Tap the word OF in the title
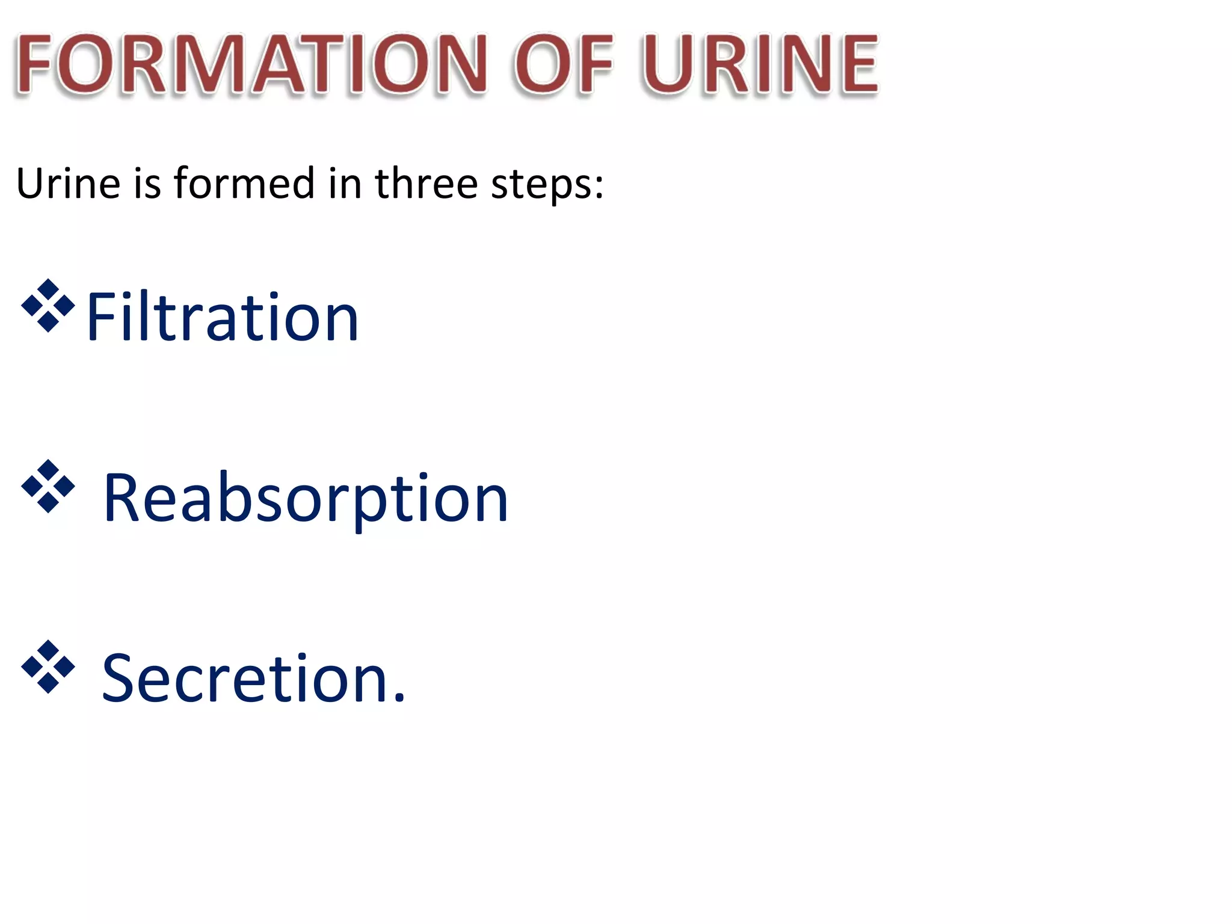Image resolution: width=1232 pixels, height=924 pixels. (x=563, y=64)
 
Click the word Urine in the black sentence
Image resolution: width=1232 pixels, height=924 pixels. (x=68, y=183)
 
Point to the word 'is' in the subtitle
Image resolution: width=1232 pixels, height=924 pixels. (x=147, y=183)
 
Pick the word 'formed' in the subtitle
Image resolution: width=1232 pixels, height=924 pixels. (x=244, y=183)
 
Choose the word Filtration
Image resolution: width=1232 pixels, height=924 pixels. (x=223, y=317)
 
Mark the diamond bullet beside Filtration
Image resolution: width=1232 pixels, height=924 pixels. (x=48, y=306)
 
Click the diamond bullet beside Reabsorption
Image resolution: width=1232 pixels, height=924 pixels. (x=48, y=486)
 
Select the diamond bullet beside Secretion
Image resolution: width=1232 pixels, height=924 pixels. (x=48, y=667)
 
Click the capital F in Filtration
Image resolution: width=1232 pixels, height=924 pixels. (x=100, y=317)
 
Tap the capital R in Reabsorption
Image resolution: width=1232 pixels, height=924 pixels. (x=122, y=498)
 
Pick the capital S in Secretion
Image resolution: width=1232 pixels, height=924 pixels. (x=120, y=679)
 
